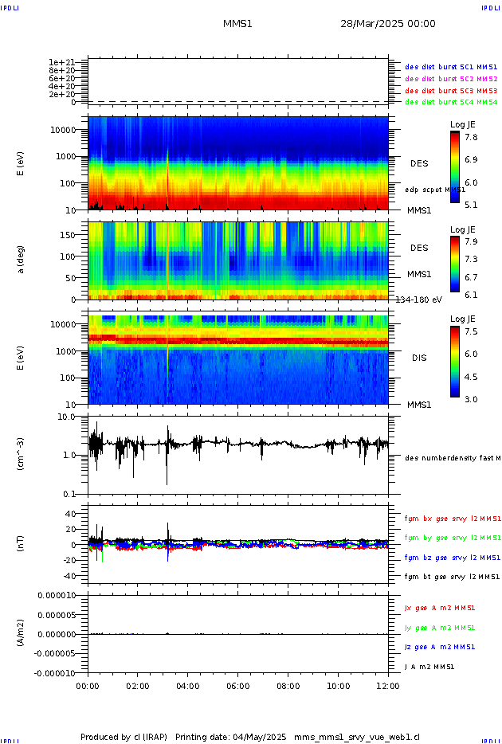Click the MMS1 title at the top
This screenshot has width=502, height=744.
pyautogui.click(x=237, y=24)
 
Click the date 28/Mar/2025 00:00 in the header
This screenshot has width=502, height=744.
pyautogui.click(x=387, y=24)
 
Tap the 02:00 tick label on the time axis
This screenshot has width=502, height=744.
pyautogui.click(x=138, y=685)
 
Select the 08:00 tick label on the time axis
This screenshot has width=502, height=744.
pyautogui.click(x=288, y=685)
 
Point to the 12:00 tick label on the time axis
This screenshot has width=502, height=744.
pyautogui.click(x=388, y=685)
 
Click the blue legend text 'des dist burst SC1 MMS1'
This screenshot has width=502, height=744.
pyautogui.click(x=451, y=67)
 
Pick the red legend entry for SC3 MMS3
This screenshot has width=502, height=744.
pyautogui.click(x=451, y=91)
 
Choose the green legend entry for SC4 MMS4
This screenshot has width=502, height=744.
pyautogui.click(x=451, y=102)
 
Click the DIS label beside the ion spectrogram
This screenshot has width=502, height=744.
pyautogui.click(x=418, y=358)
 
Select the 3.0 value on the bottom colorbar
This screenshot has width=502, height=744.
pyautogui.click(x=471, y=399)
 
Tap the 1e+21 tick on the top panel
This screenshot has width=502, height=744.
pyautogui.click(x=61, y=62)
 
